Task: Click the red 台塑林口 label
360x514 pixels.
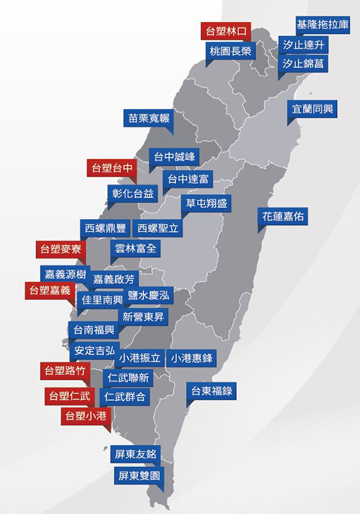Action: click(x=226, y=31)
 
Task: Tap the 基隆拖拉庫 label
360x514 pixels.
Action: click(x=323, y=26)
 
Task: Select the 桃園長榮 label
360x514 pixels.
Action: click(x=230, y=51)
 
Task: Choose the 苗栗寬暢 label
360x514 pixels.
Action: click(x=149, y=118)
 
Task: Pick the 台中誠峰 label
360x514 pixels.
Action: click(x=173, y=157)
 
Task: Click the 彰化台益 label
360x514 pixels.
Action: click(x=133, y=193)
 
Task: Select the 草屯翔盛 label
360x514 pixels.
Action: click(x=206, y=203)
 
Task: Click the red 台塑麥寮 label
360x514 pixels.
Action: click(x=61, y=248)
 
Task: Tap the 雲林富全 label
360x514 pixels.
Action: click(x=136, y=248)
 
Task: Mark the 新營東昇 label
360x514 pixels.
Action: click(x=145, y=317)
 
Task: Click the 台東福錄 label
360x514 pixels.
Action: click(x=211, y=391)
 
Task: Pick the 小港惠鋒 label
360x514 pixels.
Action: click(x=192, y=358)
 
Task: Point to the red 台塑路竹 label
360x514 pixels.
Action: click(x=65, y=370)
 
